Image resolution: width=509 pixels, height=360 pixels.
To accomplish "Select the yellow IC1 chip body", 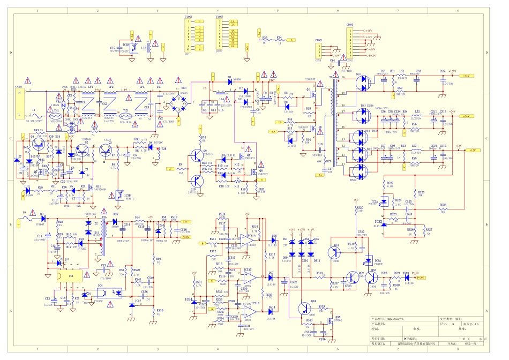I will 71,276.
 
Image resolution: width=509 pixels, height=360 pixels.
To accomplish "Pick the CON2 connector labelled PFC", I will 189,35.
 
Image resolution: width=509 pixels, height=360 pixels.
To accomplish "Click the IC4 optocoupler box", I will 108,293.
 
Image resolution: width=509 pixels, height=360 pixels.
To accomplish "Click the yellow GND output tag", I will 185,236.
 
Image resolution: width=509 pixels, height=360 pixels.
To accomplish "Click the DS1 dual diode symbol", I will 365,81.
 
